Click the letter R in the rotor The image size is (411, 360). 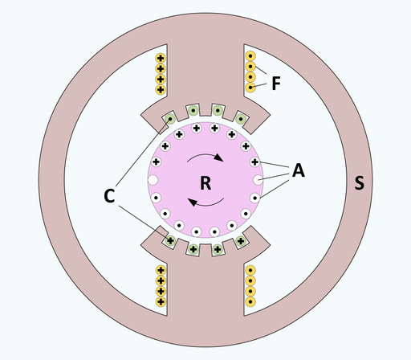(x=205, y=183)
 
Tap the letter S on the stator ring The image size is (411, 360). (x=359, y=184)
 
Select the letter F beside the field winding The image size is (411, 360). (x=276, y=83)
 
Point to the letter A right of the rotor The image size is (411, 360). (x=298, y=170)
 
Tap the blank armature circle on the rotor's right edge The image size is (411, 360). (x=257, y=179)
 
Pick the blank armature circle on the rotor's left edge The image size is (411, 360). (x=153, y=179)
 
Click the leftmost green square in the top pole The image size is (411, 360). (x=171, y=121)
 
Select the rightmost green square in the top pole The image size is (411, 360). (x=240, y=121)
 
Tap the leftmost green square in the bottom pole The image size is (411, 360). (x=171, y=239)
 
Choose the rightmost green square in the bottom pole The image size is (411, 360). (x=240, y=239)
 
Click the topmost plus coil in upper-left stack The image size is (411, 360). (x=161, y=59)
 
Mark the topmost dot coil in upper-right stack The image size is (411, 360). (x=250, y=58)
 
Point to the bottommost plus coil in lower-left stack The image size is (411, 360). (x=161, y=301)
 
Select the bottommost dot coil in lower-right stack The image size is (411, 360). (x=250, y=301)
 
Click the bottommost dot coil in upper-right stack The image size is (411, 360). (x=250, y=88)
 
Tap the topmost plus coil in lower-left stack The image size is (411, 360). (x=161, y=271)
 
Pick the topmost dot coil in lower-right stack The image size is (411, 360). (x=250, y=271)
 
